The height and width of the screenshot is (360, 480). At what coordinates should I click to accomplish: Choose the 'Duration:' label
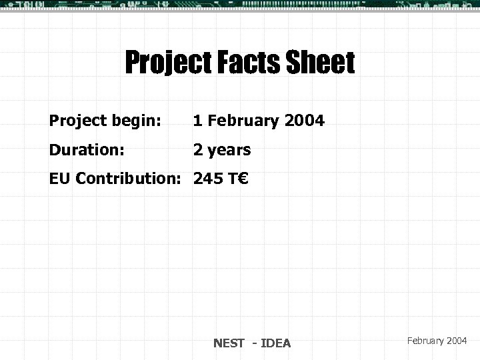pyautogui.click(x=87, y=149)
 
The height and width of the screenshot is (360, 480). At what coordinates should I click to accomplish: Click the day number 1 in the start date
pyautogui.click(x=198, y=121)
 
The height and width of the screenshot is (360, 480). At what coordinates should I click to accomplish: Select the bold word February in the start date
pyautogui.click(x=243, y=121)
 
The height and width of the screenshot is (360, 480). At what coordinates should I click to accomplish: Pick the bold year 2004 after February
pyautogui.click(x=304, y=121)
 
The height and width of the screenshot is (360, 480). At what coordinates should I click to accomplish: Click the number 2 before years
pyautogui.click(x=198, y=149)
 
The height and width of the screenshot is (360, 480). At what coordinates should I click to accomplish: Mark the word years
pyautogui.click(x=229, y=150)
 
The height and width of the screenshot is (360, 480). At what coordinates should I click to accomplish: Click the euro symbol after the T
pyautogui.click(x=242, y=178)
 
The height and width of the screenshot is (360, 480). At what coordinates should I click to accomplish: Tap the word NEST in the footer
pyautogui.click(x=229, y=343)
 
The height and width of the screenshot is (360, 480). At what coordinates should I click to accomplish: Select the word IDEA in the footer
pyautogui.click(x=276, y=343)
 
